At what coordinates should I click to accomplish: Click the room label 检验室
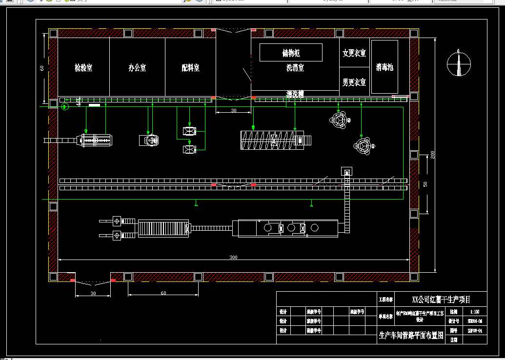click(x=83, y=68)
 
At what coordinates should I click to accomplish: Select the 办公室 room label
click(x=137, y=68)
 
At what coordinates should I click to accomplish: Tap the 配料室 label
click(x=190, y=68)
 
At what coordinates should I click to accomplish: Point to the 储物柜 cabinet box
click(x=291, y=53)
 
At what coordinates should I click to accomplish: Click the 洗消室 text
click(x=295, y=68)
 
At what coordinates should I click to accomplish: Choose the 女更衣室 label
click(x=354, y=53)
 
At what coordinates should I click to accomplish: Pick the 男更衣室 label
click(x=354, y=82)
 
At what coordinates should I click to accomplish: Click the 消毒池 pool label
click(x=384, y=67)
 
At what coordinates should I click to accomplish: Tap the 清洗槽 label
click(x=295, y=94)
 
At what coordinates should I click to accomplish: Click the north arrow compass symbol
click(x=459, y=63)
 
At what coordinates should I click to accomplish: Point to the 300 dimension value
click(x=234, y=257)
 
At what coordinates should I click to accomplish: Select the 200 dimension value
click(x=432, y=155)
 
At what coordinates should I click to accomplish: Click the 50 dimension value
click(x=425, y=184)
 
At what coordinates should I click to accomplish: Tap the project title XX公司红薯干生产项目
click(x=442, y=299)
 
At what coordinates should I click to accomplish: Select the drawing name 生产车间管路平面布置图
click(x=411, y=335)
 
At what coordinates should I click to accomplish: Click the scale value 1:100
click(x=474, y=311)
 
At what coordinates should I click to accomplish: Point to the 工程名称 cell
click(x=385, y=300)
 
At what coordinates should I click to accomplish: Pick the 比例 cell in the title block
click(x=454, y=311)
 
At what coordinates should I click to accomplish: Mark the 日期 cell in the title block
click(x=454, y=340)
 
